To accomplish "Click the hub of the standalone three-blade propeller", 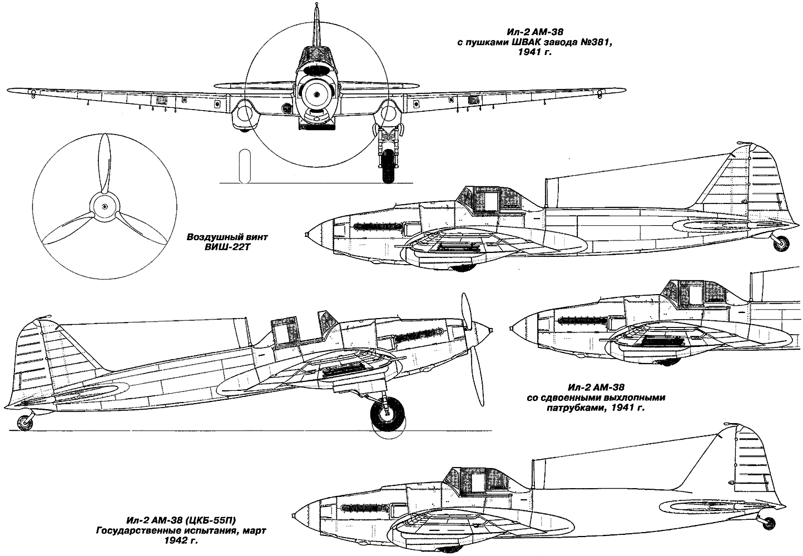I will click(104, 207).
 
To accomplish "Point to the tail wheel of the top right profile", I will click(781, 242).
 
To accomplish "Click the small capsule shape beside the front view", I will click(243, 166).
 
